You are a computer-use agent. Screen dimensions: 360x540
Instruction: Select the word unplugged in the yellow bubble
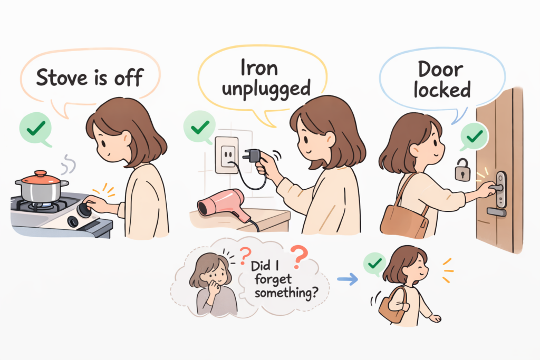[x=266, y=87]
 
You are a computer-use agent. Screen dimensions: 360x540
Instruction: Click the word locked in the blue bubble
[x=442, y=90]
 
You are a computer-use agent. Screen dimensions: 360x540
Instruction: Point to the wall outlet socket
[x=227, y=154]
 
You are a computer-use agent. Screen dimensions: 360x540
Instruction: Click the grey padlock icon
[x=462, y=170]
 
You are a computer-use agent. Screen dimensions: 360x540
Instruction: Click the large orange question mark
[x=299, y=258]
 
